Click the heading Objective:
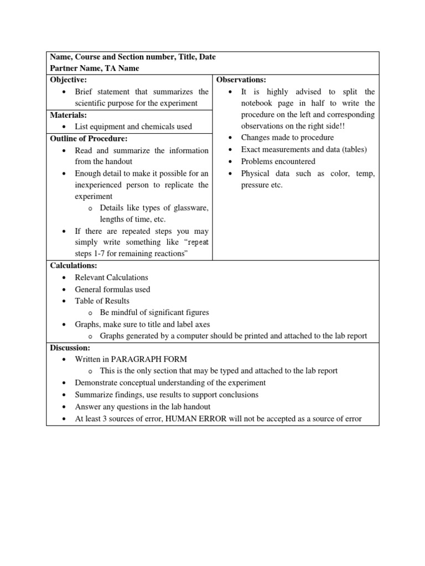coord(69,80)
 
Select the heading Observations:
coord(241,80)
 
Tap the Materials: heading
coord(69,115)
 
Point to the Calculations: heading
coord(74,266)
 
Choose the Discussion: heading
coord(70,348)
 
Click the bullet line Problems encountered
coord(278,161)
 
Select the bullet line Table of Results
coord(102,301)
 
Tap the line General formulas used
coord(112,289)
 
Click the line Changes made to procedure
coord(287,138)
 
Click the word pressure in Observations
coord(256,185)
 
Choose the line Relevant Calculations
coord(112,277)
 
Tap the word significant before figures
coord(162,312)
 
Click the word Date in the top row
coord(206,56)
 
